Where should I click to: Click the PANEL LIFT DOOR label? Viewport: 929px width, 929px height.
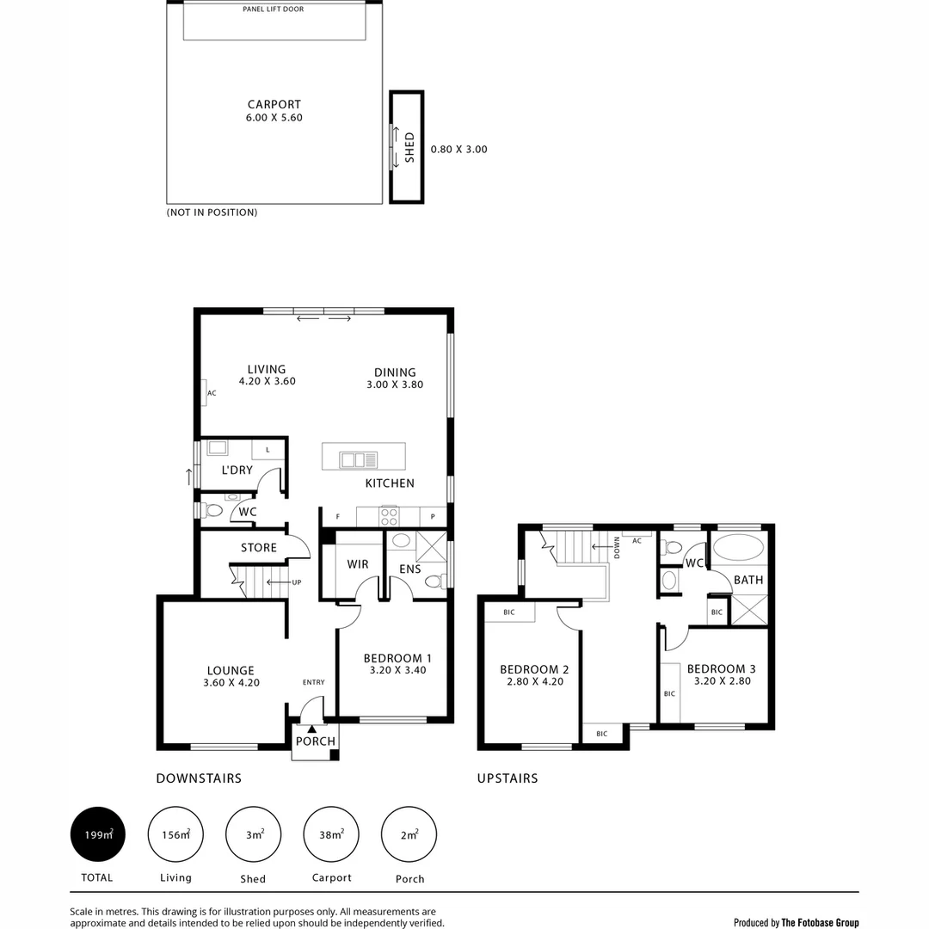click(x=274, y=9)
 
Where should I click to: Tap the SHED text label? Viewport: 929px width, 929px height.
click(x=409, y=147)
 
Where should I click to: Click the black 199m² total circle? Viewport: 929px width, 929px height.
click(x=98, y=834)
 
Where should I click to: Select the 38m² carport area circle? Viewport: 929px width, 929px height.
click(x=331, y=834)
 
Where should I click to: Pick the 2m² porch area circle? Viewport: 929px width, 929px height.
click(x=409, y=834)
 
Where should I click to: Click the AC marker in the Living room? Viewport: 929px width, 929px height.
click(x=211, y=393)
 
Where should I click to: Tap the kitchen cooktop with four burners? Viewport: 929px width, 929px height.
click(x=389, y=516)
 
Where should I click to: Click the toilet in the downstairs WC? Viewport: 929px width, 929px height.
click(x=213, y=511)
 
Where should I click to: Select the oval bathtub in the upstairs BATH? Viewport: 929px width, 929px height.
click(x=738, y=549)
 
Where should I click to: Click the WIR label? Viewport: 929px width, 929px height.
click(x=358, y=565)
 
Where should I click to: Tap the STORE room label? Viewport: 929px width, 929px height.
click(x=258, y=548)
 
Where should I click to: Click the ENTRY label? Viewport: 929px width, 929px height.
click(x=313, y=682)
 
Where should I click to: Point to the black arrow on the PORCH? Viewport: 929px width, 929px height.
click(x=312, y=729)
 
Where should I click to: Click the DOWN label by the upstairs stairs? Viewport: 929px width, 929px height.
click(x=617, y=548)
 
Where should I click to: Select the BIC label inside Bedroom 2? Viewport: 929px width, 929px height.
click(x=509, y=612)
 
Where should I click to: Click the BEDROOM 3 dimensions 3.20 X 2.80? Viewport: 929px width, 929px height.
click(x=721, y=681)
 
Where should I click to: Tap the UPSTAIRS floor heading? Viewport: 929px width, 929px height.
click(x=508, y=778)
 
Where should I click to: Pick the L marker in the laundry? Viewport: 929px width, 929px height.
click(x=268, y=449)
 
